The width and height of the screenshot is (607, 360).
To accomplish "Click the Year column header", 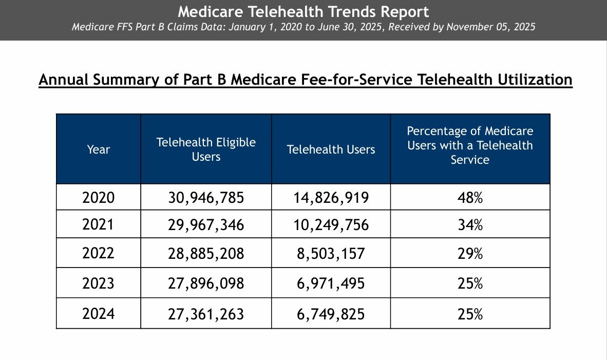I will [x=99, y=149].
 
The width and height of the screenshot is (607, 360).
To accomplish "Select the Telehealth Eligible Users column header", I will [x=206, y=149].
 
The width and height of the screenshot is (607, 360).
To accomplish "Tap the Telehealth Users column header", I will [x=331, y=149].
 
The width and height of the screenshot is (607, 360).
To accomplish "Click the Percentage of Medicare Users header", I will [x=470, y=145].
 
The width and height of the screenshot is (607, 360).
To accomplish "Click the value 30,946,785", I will [x=206, y=198].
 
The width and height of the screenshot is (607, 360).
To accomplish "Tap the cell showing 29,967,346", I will [x=206, y=225].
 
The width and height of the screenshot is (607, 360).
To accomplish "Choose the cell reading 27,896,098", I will [x=206, y=283].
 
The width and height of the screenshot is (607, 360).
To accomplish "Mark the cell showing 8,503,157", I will [x=331, y=253].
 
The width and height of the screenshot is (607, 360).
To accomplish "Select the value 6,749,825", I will [x=331, y=314].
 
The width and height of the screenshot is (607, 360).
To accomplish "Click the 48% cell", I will [x=470, y=198].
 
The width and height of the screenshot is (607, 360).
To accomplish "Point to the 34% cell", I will [x=470, y=225].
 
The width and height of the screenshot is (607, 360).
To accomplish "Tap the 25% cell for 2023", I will [x=470, y=283].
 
